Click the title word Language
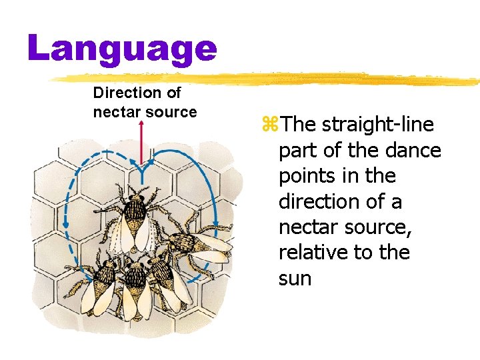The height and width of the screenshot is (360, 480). [x=122, y=49]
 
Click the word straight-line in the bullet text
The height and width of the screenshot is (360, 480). [x=378, y=125]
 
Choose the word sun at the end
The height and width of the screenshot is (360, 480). [x=295, y=278]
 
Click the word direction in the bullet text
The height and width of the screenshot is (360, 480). [x=323, y=201]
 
